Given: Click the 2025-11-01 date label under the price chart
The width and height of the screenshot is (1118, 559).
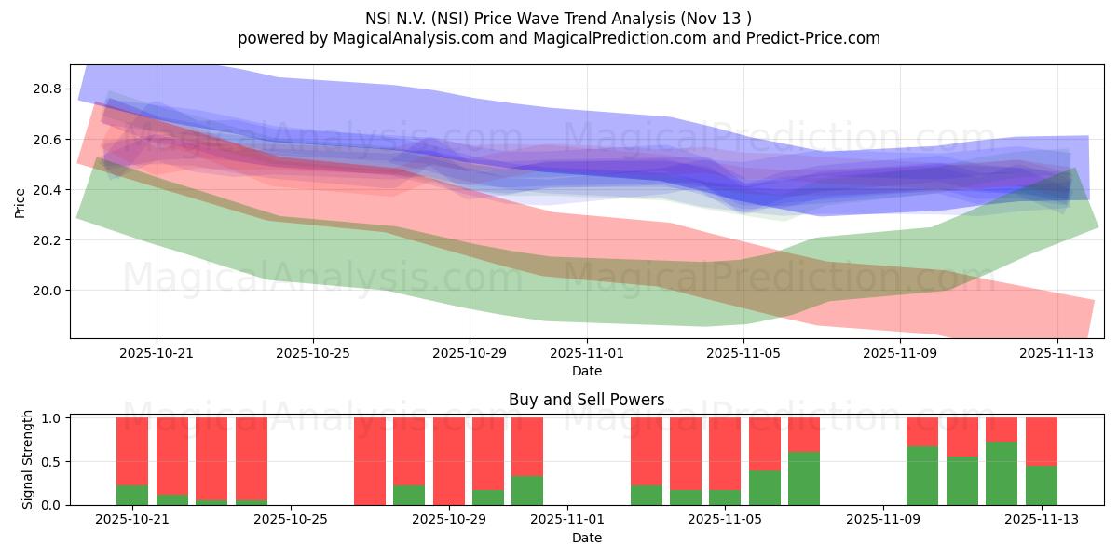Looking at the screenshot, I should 587,354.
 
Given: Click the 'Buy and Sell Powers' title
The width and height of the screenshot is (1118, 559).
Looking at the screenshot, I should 587,400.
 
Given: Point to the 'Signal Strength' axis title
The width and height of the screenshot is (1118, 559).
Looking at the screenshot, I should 28,459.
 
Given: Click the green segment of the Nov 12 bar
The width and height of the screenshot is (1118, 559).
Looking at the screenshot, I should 1002,473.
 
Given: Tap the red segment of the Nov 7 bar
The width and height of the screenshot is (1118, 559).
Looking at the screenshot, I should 804,434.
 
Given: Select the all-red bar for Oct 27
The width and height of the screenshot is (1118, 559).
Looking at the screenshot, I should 370,461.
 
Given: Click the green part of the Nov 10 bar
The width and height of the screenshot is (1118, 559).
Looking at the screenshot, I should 922,476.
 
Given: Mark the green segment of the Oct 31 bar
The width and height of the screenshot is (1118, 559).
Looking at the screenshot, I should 527,490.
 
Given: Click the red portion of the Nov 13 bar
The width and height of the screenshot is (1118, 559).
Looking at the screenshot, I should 1042,441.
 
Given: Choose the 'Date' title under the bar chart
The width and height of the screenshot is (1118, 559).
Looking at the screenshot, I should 587,538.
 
